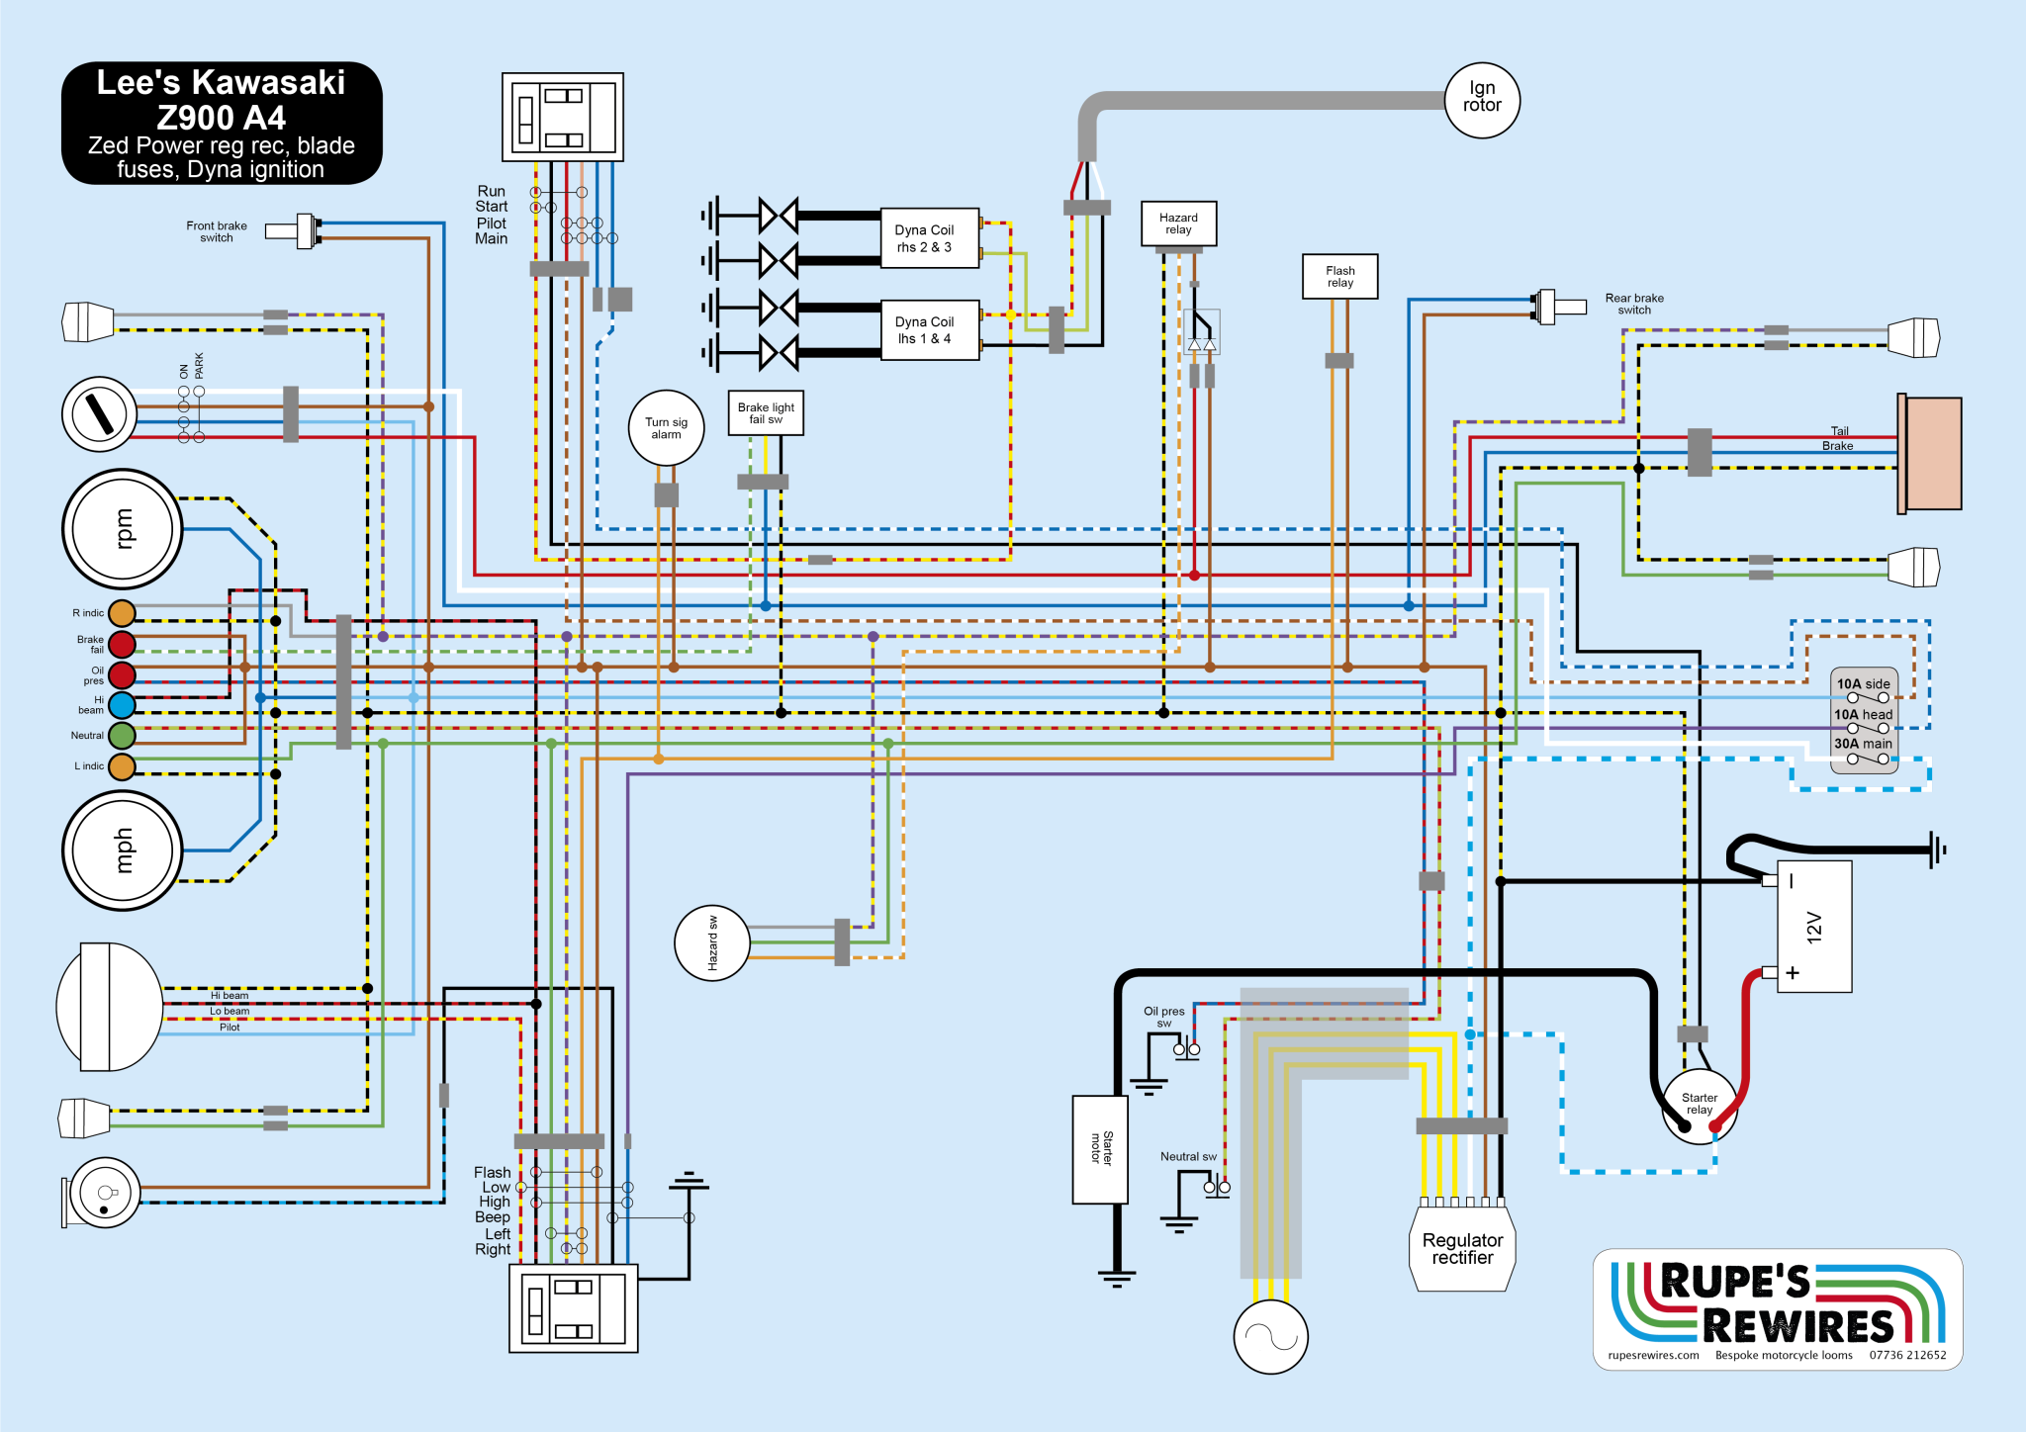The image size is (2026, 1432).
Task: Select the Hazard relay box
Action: click(x=1178, y=224)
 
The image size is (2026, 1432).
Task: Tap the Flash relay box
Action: click(x=1339, y=276)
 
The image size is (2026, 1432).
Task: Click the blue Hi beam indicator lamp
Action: click(x=122, y=705)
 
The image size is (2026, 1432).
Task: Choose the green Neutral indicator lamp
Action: click(x=122, y=736)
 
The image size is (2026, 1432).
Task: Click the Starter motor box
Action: click(x=1100, y=1149)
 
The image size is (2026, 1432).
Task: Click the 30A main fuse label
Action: click(x=1863, y=744)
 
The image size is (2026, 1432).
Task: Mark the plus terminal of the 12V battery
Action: click(x=1793, y=973)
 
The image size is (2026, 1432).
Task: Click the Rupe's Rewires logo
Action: click(x=1778, y=1309)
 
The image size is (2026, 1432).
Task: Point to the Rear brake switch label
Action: click(x=1634, y=304)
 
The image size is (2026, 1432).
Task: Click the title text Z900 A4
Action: click(x=222, y=118)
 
